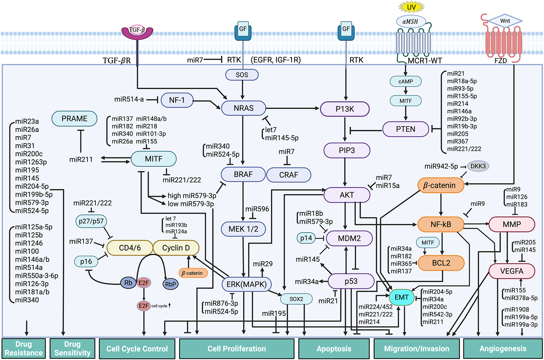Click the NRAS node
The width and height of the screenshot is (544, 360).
[244, 108]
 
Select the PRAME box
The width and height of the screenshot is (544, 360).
[75, 118]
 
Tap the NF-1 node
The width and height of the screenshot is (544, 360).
[177, 100]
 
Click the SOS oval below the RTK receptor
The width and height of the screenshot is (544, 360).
[242, 75]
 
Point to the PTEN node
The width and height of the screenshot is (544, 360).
[406, 129]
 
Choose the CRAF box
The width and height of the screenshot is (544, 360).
[289, 175]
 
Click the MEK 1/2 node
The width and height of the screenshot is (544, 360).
[243, 229]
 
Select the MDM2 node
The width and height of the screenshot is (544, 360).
[349, 238]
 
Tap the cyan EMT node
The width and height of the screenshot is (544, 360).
[402, 297]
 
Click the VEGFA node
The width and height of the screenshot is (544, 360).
[512, 271]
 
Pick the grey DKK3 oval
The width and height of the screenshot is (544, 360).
[478, 166]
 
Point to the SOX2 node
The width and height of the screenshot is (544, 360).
[296, 299]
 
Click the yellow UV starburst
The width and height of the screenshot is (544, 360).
[411, 7]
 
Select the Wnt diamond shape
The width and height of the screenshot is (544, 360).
[505, 21]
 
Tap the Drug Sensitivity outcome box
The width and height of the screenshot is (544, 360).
[72, 348]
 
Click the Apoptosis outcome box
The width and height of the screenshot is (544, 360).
[334, 349]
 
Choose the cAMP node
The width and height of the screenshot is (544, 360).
[406, 81]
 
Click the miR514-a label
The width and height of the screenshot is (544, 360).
[129, 99]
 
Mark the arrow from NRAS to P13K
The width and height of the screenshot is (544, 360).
[292, 108]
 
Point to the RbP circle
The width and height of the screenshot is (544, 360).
[170, 284]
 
